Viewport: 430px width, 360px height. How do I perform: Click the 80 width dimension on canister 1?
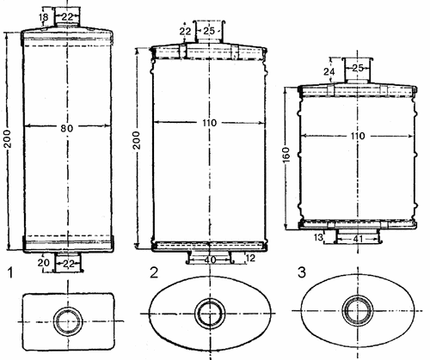point(66,129)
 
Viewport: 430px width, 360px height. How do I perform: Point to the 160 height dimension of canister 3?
point(286,155)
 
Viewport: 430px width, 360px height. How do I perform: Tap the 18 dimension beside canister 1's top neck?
point(44,17)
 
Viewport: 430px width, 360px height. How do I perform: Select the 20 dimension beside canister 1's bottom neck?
point(44,262)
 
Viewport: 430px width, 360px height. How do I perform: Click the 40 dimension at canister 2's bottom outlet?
point(211,259)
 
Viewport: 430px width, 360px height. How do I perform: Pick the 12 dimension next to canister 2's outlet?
point(250,259)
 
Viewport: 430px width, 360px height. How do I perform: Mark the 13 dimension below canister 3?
point(318,237)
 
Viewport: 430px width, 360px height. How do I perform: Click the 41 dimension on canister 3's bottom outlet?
point(358,238)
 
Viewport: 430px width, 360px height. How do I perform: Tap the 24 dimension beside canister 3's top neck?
point(329,71)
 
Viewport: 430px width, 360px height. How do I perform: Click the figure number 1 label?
point(10,272)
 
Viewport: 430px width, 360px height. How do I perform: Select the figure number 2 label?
point(154,272)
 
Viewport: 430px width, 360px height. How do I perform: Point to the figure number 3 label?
point(302,272)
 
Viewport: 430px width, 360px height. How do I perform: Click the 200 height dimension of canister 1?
point(8,139)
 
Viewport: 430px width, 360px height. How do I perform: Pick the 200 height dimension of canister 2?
point(137,140)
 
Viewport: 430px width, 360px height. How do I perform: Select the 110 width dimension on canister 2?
point(210,123)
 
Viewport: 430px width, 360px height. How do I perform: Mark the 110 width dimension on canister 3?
point(358,136)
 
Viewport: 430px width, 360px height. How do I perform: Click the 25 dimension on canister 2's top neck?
point(209,31)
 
